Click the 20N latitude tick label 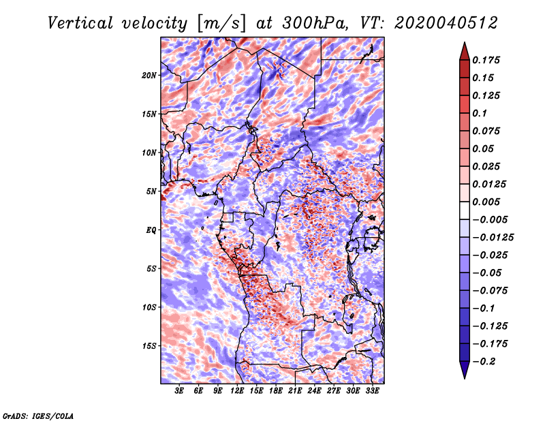[x=149, y=76]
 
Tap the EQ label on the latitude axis [x=151, y=230]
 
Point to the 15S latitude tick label [x=149, y=346]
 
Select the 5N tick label [x=151, y=191]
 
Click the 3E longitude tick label [x=179, y=391]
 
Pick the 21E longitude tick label [x=295, y=391]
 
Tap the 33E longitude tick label [x=372, y=391]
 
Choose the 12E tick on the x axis [x=237, y=391]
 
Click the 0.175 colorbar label [x=486, y=60]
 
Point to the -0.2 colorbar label [x=484, y=362]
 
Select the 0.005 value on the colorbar [x=486, y=202]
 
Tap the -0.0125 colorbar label [x=493, y=238]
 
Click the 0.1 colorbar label [x=480, y=113]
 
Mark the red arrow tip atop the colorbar [x=465, y=42]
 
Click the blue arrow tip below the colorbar [x=465, y=378]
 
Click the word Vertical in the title [x=80, y=23]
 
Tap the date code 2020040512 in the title [x=446, y=23]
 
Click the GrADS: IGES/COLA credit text [x=38, y=416]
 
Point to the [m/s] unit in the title [x=221, y=24]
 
